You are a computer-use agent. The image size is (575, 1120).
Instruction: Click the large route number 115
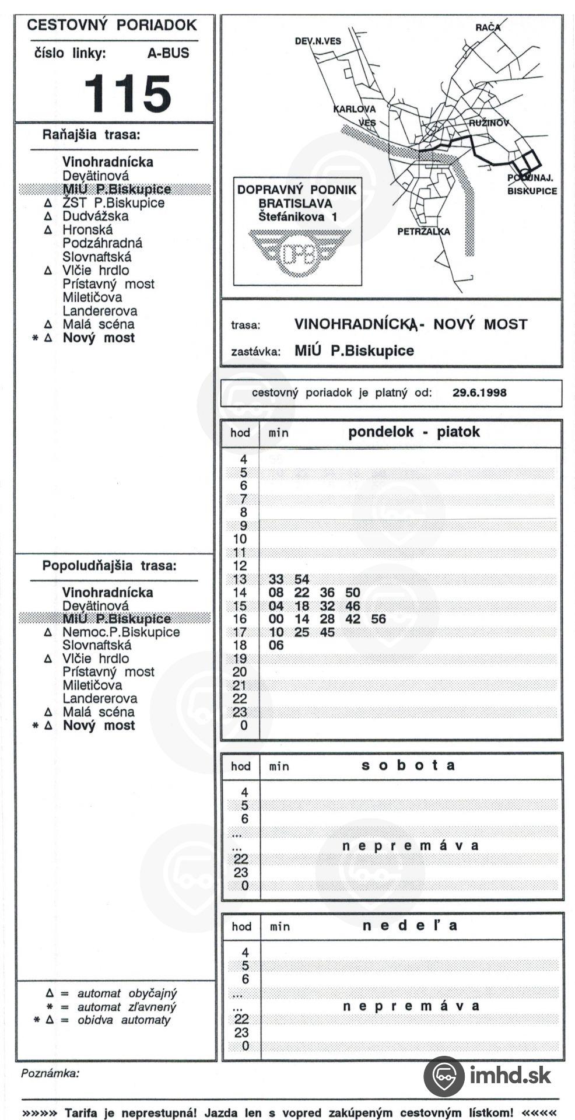click(128, 93)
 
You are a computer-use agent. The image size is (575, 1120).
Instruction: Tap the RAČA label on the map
click(488, 27)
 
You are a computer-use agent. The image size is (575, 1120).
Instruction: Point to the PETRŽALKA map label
click(423, 232)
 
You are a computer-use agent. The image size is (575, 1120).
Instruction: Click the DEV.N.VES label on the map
click(318, 41)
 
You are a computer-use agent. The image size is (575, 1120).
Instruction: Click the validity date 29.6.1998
click(479, 393)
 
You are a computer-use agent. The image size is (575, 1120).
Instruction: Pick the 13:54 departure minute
click(301, 579)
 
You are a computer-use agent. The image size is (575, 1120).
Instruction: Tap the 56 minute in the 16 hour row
click(378, 619)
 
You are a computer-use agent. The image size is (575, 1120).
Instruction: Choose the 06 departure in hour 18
click(276, 645)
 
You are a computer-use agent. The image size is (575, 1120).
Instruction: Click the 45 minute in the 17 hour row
click(327, 632)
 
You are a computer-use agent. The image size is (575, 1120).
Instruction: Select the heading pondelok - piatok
click(413, 432)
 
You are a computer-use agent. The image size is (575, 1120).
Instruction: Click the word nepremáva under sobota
click(410, 846)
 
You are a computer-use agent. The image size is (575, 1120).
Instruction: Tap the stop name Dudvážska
click(96, 216)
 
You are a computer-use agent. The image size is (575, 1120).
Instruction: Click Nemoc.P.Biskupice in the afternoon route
click(121, 632)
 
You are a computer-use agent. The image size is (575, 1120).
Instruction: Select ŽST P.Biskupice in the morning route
click(114, 203)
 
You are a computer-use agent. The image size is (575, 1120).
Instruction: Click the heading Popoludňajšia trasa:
click(109, 566)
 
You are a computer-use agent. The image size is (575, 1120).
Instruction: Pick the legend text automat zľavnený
click(127, 1007)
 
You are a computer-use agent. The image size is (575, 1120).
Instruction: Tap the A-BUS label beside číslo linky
click(168, 53)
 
